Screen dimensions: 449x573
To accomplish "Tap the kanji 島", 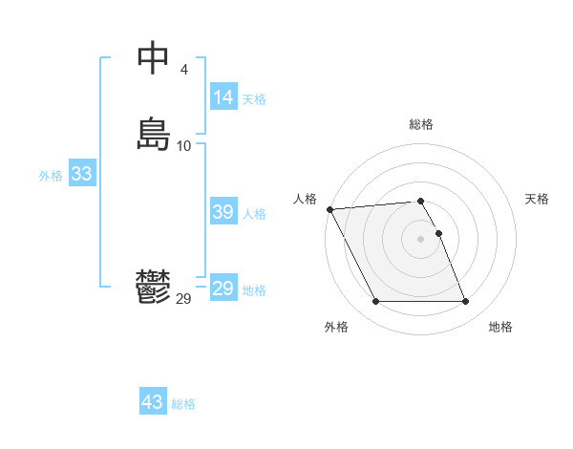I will pyautogui.click(x=153, y=134).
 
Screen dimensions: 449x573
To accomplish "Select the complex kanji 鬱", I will pyautogui.click(x=153, y=288).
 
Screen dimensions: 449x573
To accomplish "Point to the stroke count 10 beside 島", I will pyautogui.click(x=183, y=146).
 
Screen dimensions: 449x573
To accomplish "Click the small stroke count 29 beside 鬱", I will pyautogui.click(x=183, y=299).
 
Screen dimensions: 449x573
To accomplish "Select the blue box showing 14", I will pyautogui.click(x=223, y=96).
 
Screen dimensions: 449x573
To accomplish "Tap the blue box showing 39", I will pyautogui.click(x=223, y=212).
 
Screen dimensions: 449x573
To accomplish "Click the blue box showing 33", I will pyautogui.click(x=81, y=174).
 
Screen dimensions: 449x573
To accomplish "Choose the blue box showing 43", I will pyautogui.click(x=153, y=402).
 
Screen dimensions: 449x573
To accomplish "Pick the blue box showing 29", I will pyautogui.click(x=223, y=289).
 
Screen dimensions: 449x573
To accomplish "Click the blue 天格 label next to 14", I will pyautogui.click(x=254, y=98).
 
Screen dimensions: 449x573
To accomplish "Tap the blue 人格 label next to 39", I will pyautogui.click(x=254, y=214).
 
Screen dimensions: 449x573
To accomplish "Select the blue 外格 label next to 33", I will pyautogui.click(x=51, y=176).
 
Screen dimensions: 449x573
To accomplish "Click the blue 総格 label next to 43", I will pyautogui.click(x=183, y=404).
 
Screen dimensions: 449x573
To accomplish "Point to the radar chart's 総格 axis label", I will pyautogui.click(x=421, y=124).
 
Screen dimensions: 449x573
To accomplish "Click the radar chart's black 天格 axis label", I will pyautogui.click(x=537, y=199).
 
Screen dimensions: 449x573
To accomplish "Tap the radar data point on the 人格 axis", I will pyautogui.click(x=329, y=209).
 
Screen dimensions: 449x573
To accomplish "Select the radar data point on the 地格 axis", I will pyautogui.click(x=465, y=302).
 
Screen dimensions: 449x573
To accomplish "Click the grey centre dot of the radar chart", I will pyautogui.click(x=421, y=239).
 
